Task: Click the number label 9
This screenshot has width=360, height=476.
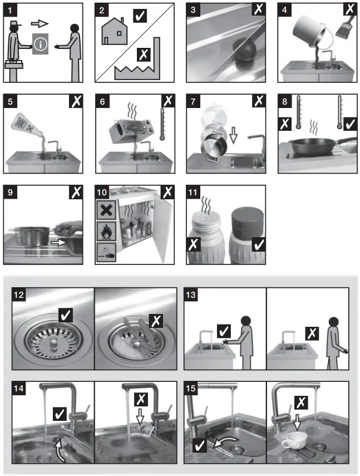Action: coord(11,193)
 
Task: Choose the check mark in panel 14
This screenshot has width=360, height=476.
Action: coord(60,413)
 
